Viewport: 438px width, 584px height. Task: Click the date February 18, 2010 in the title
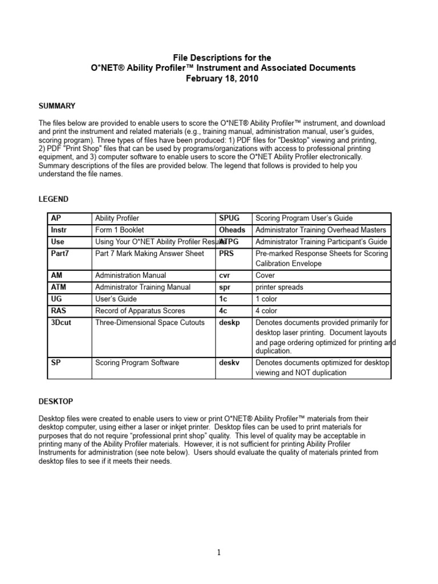click(x=222, y=79)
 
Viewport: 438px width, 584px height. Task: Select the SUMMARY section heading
click(x=56, y=106)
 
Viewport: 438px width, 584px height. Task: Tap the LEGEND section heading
click(x=54, y=199)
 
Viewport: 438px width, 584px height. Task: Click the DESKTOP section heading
click(x=56, y=402)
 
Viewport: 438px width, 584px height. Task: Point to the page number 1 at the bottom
click(x=219, y=553)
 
